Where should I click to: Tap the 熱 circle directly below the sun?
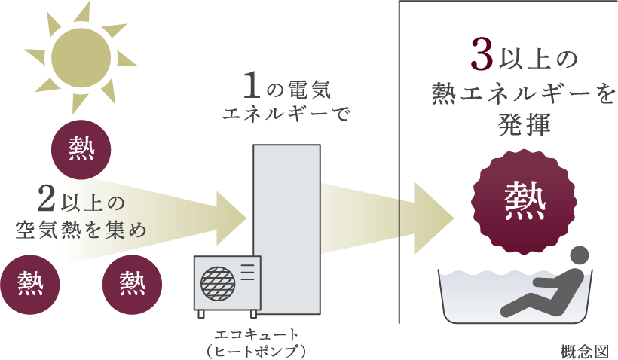pyautogui.click(x=81, y=147)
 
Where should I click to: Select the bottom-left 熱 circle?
pyautogui.click(x=30, y=284)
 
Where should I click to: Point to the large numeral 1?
pyautogui.click(x=254, y=87)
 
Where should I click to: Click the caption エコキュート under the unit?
pyautogui.click(x=257, y=334)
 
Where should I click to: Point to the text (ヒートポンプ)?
pyautogui.click(x=257, y=350)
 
